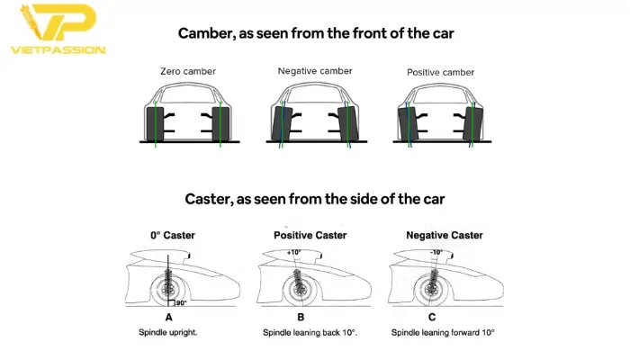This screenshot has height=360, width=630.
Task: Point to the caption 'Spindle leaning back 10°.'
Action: coord(310,333)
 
